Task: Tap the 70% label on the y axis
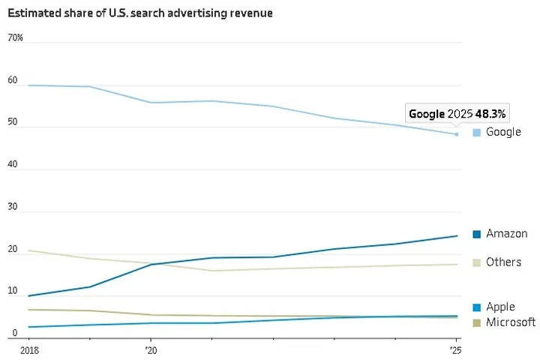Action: click(16, 37)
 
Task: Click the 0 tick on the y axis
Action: click(15, 332)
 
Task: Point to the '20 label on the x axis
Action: click(150, 350)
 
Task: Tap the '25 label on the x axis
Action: click(455, 350)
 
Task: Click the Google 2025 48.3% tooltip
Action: click(457, 114)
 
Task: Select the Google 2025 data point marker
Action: click(456, 134)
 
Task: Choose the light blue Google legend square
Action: click(476, 133)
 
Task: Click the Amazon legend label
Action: click(506, 234)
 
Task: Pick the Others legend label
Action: click(503, 262)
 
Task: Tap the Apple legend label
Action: click(500, 307)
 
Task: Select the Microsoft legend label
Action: click(511, 322)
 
